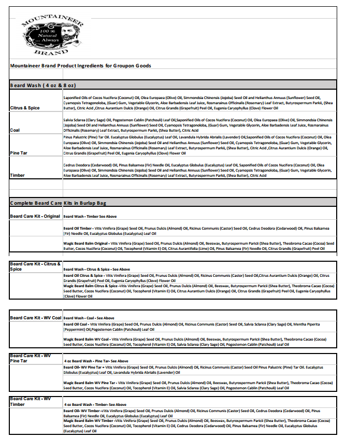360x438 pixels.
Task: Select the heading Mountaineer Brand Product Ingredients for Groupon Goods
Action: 80,66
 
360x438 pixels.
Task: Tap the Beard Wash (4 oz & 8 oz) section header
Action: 43,84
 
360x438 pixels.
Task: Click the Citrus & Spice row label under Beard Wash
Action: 25,108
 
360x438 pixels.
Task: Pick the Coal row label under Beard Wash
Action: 15,130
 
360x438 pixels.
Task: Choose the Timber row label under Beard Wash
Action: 17,175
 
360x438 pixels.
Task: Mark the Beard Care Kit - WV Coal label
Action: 35,317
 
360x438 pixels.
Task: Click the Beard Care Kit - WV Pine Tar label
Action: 30,357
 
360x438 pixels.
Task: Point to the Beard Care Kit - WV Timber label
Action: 30,401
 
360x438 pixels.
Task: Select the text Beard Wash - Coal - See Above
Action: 89,318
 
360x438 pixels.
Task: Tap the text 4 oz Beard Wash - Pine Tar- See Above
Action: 96,361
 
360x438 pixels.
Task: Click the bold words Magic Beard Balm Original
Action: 85,243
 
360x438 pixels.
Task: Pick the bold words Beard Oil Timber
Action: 78,228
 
